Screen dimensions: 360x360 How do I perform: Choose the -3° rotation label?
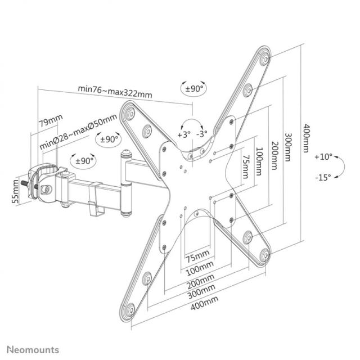202,134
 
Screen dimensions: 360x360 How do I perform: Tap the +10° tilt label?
324,156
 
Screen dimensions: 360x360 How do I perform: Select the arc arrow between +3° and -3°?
192,125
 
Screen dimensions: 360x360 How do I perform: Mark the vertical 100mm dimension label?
258,159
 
